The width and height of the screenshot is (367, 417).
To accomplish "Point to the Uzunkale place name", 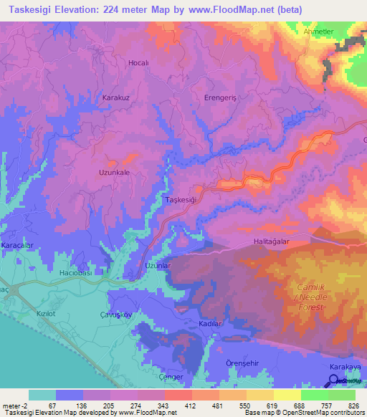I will [x=114, y=173].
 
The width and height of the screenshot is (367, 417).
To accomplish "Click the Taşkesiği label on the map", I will [x=181, y=200].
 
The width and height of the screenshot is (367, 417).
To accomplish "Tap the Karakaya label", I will [x=344, y=367].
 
